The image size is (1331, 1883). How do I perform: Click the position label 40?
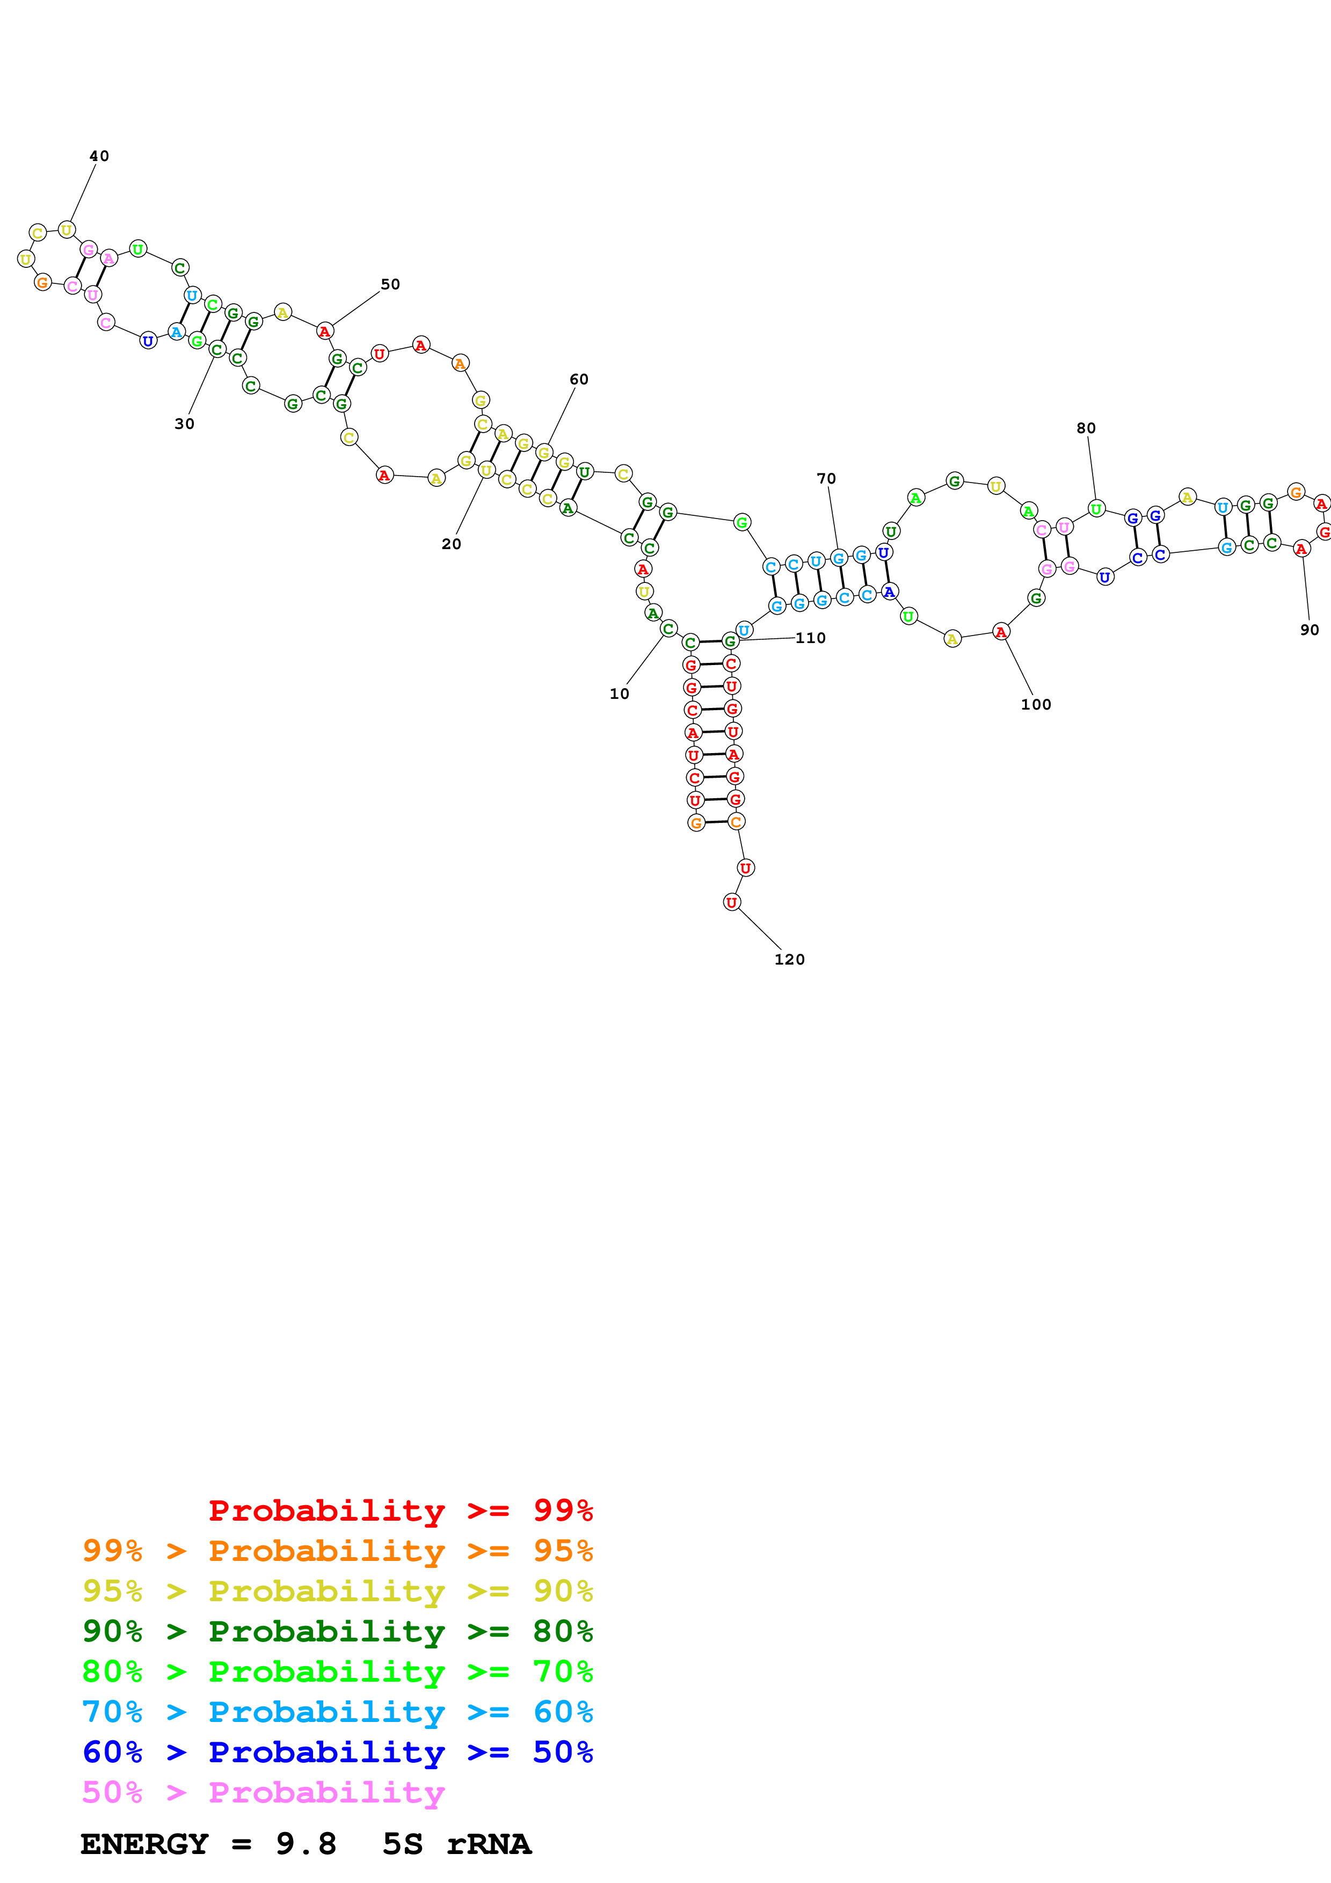(99, 156)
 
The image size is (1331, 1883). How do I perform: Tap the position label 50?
(390, 284)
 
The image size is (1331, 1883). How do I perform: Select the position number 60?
(579, 379)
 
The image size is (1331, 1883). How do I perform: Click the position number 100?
(1035, 704)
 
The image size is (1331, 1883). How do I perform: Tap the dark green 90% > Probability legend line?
(337, 1631)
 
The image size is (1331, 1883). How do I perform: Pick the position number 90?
(1309, 629)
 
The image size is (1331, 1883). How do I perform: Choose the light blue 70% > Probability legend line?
(337, 1712)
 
